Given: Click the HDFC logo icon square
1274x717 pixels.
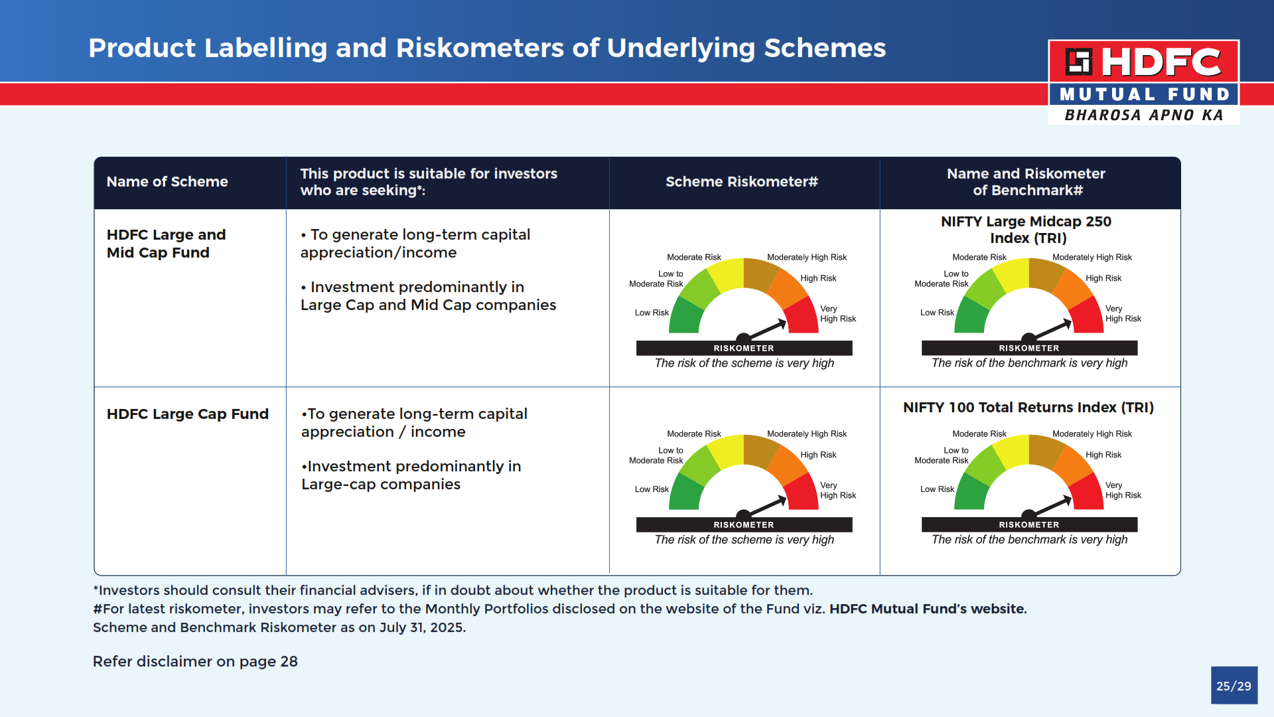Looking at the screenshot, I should [1078, 62].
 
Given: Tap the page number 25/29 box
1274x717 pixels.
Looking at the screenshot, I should [1234, 686].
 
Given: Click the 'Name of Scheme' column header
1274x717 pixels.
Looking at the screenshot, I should [167, 182].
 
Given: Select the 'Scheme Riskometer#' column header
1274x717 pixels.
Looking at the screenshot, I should [741, 182].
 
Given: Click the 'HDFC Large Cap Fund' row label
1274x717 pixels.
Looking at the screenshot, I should [188, 414].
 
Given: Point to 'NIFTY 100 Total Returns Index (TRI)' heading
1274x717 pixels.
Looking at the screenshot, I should [1028, 408].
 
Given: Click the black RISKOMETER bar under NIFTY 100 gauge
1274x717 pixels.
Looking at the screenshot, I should [1029, 524].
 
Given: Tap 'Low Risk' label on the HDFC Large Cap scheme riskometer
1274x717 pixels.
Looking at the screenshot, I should [652, 489].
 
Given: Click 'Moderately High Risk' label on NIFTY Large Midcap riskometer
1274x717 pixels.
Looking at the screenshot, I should [1092, 258].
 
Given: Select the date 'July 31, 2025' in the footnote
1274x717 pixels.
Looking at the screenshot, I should [422, 628].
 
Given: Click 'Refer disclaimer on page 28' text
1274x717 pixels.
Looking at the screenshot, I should [195, 662].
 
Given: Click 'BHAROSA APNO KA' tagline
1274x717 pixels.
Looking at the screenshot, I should [1144, 115].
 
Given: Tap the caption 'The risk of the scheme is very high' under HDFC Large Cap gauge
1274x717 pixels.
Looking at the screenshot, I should [744, 540].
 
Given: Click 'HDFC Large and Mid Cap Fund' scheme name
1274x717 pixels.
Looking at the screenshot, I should [166, 244].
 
